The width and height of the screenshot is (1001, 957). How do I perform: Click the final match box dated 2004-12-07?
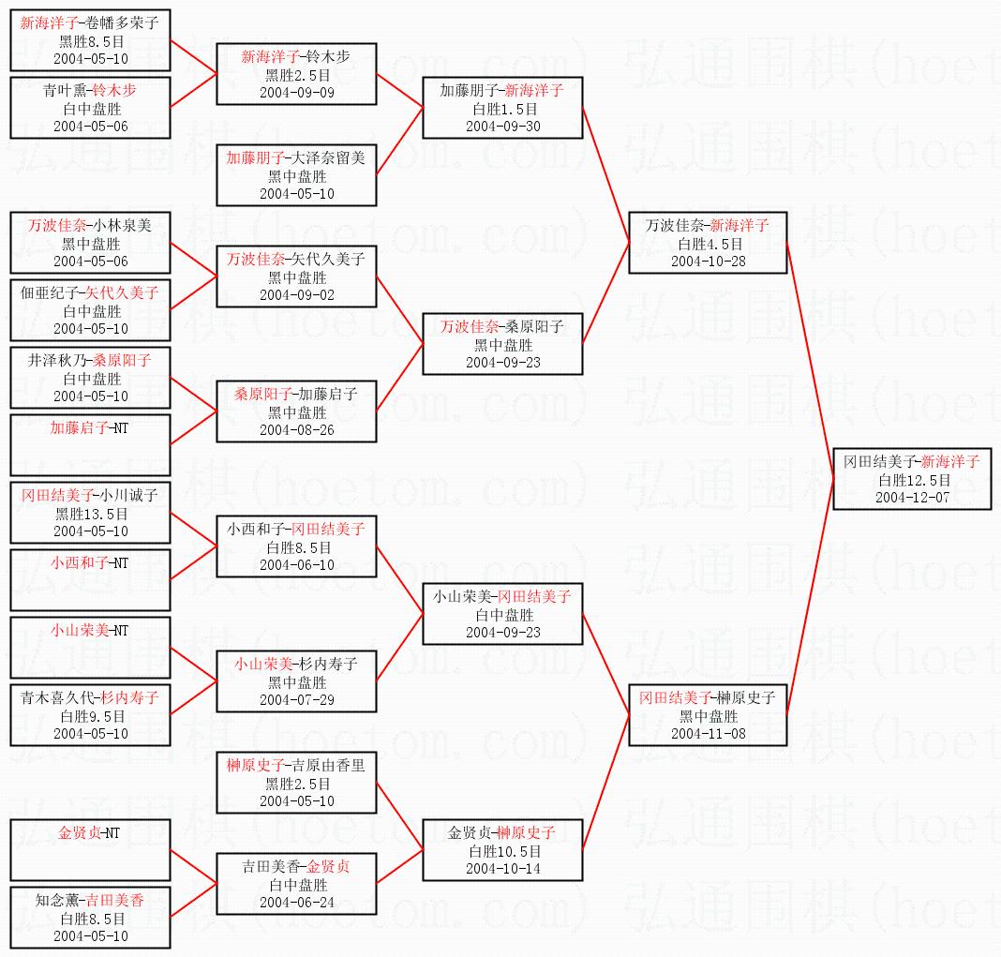click(912, 479)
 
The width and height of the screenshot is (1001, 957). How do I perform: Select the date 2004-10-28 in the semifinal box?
click(708, 262)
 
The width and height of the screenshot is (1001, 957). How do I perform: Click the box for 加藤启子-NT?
click(90, 445)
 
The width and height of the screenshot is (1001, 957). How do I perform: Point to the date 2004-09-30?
click(503, 127)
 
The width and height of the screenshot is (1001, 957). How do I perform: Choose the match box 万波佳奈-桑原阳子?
click(502, 344)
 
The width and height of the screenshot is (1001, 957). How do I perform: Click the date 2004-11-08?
click(708, 734)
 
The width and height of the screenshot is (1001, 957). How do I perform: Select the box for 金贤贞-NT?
click(90, 850)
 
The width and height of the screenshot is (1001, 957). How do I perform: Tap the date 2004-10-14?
click(503, 868)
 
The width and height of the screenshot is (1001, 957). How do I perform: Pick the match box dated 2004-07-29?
click(296, 681)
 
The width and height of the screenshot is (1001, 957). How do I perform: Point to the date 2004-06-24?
click(297, 902)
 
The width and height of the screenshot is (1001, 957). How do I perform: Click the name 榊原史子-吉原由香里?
click(295, 765)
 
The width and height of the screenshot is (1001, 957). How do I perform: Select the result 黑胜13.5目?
click(91, 514)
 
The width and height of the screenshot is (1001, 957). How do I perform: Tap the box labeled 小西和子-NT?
click(90, 580)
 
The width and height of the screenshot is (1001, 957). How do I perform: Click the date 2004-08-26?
click(297, 429)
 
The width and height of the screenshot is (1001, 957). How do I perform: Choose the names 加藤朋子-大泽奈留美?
click(295, 157)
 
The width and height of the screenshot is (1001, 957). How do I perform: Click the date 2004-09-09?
click(297, 93)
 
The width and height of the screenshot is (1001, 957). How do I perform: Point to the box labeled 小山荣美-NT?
click(90, 648)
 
